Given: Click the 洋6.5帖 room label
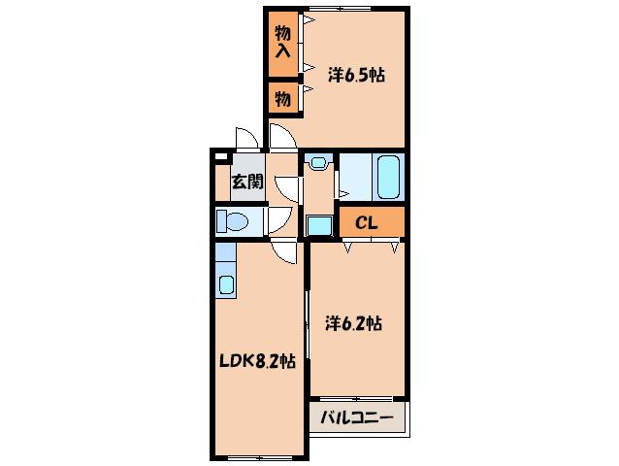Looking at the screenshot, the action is click(x=356, y=75).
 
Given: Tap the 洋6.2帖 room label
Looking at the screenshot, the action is click(x=353, y=324).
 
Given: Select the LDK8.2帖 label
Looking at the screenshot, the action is click(x=257, y=360).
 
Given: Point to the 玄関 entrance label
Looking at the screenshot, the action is click(x=247, y=183).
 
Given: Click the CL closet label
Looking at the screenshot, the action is click(x=367, y=223).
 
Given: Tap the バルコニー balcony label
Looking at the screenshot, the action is click(x=356, y=417).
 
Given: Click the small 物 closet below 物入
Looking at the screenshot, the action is click(x=282, y=98).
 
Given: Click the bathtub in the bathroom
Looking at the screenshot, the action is click(x=388, y=177).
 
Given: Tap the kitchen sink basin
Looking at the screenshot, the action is click(x=226, y=284).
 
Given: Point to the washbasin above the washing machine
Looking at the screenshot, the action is click(x=318, y=162).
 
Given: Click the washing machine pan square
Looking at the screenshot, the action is click(x=319, y=226).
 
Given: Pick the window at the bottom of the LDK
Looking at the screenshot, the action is click(x=260, y=457).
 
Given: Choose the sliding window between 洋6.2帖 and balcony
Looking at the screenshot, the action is click(x=356, y=398).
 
